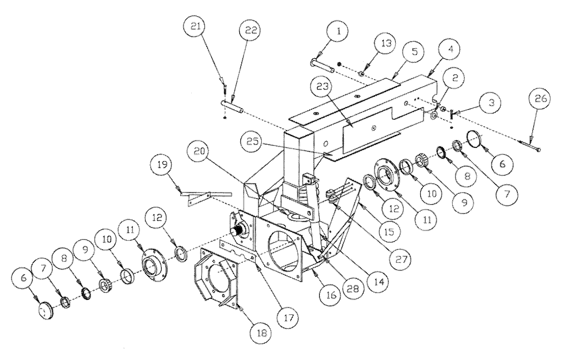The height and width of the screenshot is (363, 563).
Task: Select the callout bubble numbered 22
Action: pos(251,30)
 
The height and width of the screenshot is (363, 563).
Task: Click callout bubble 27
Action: pos(401,259)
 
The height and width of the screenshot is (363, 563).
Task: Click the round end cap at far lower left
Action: pos(45,311)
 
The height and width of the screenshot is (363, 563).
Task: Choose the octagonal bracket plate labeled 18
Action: pos(216,279)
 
